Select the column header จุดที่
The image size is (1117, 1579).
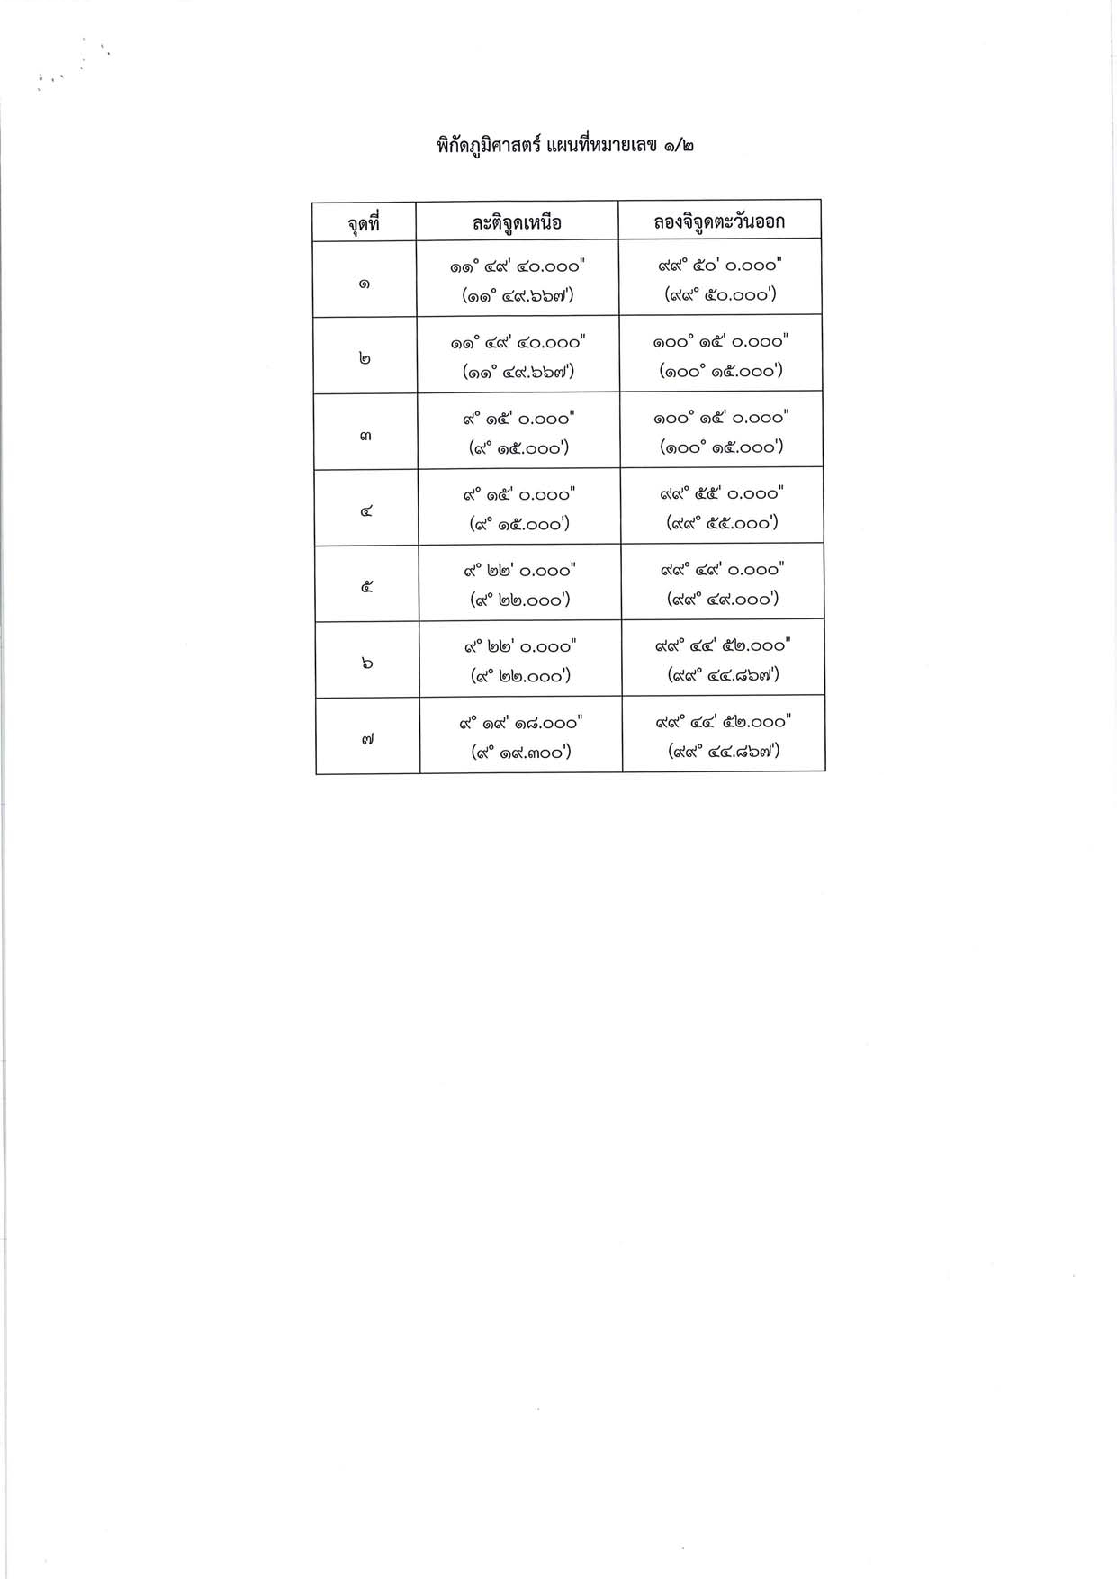click(364, 222)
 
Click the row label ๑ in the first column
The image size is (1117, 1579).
click(364, 283)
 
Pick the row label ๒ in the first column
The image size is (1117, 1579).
click(365, 358)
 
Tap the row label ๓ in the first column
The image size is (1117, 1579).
click(365, 435)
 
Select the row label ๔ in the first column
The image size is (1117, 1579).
click(366, 510)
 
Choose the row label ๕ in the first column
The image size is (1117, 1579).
click(366, 587)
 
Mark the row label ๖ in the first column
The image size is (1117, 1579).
click(367, 663)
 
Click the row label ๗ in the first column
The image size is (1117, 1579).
click(367, 739)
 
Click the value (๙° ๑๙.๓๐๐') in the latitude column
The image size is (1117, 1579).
click(521, 753)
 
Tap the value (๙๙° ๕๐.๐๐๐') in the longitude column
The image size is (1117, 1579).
click(720, 294)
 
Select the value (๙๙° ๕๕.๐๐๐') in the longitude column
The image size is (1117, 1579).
click(722, 523)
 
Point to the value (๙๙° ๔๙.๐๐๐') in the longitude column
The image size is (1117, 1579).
click(722, 599)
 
